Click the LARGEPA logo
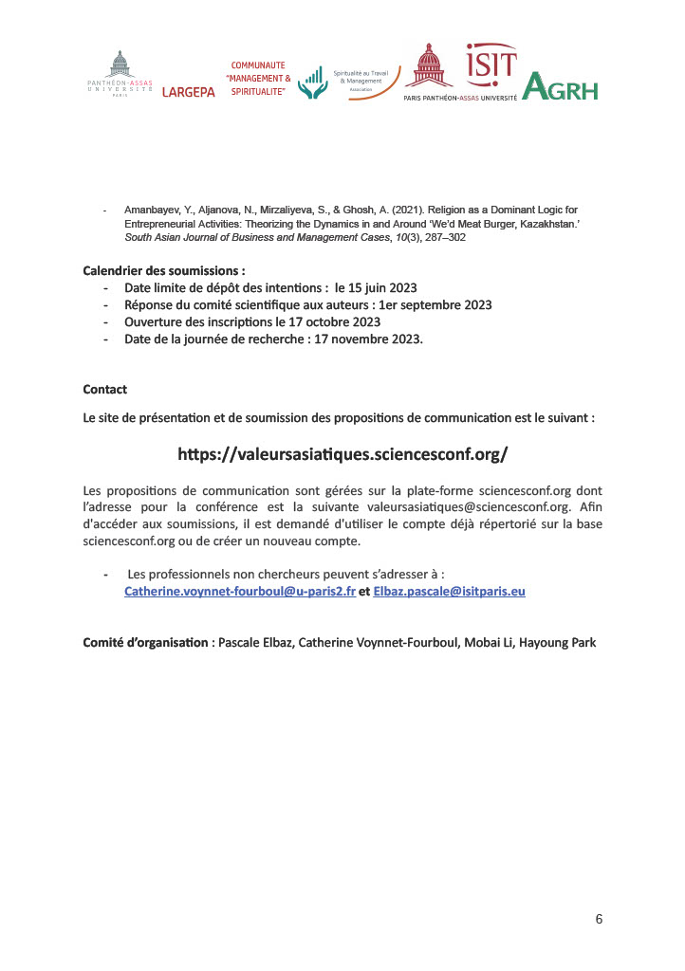click(189, 92)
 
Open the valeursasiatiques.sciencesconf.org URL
click(342, 453)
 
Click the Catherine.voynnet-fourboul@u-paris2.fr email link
click(240, 591)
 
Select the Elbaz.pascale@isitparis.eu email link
click(450, 591)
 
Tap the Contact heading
click(104, 390)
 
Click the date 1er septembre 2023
click(435, 304)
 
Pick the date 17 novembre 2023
click(371, 339)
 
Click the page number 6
click(599, 918)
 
